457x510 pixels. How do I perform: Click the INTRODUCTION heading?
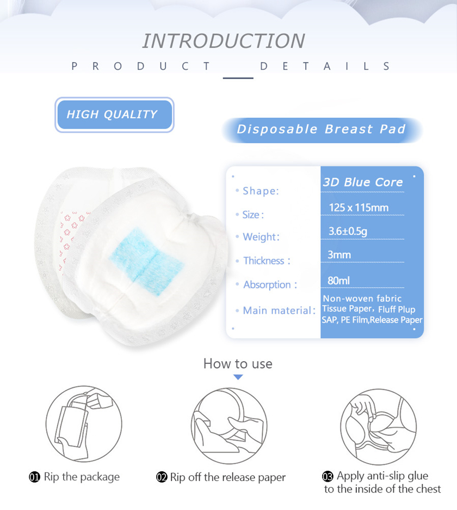(x=224, y=41)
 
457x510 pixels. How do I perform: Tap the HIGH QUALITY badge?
(x=114, y=114)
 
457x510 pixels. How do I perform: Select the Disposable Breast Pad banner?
(x=322, y=130)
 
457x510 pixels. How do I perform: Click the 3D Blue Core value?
(x=362, y=182)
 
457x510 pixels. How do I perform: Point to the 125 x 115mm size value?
(x=359, y=208)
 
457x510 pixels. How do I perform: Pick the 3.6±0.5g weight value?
(x=348, y=231)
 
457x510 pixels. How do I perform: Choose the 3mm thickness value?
(x=339, y=254)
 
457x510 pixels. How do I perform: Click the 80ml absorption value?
(x=338, y=281)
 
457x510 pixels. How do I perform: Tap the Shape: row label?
(x=261, y=191)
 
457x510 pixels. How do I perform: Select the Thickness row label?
(x=267, y=261)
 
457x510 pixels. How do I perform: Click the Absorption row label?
(x=270, y=284)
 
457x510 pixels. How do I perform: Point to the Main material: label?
(x=279, y=311)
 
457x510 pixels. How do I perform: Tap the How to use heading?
(x=238, y=363)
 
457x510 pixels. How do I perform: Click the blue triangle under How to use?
(x=238, y=377)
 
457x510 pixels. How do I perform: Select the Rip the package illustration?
(x=84, y=424)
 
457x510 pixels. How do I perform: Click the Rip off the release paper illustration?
(x=229, y=426)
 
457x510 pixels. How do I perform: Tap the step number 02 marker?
(x=162, y=477)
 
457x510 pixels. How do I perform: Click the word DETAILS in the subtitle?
(x=325, y=66)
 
